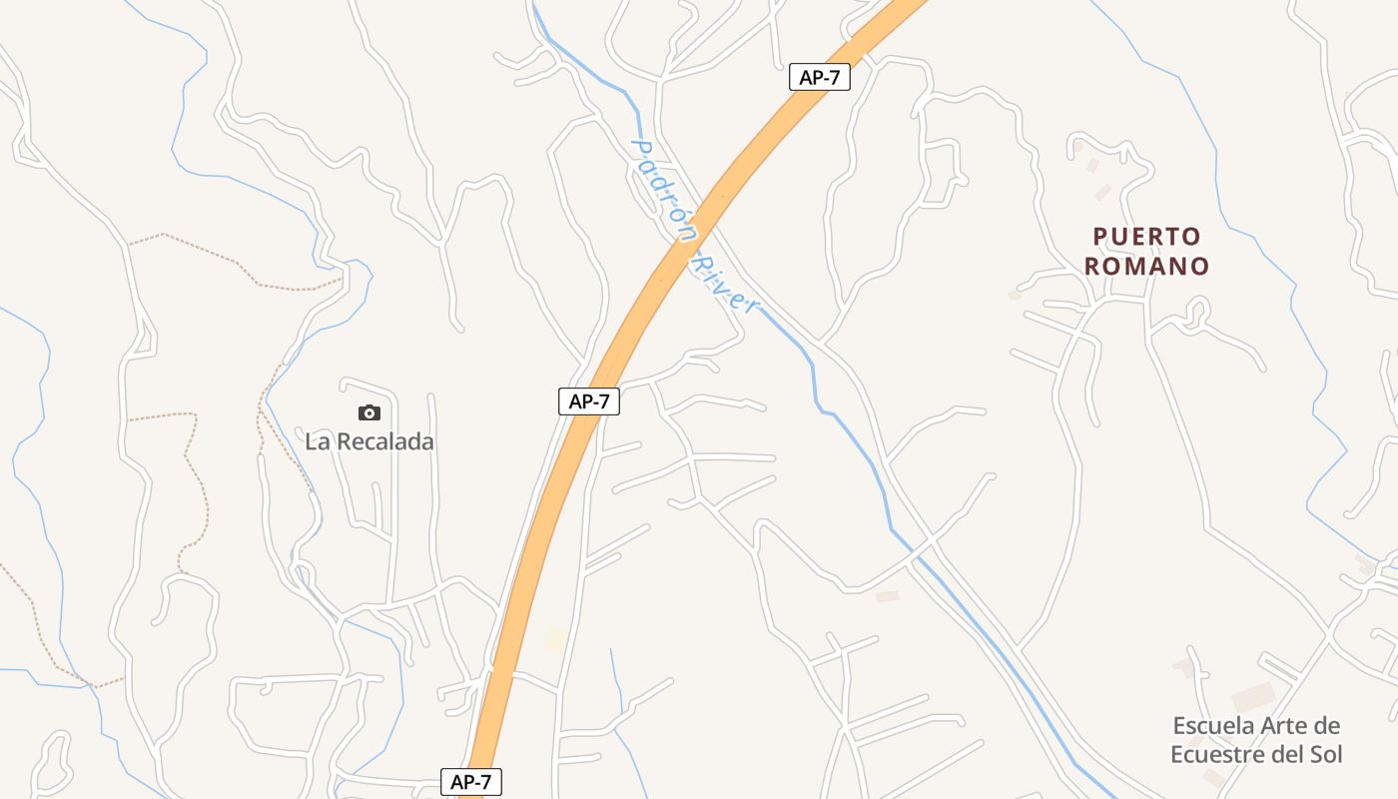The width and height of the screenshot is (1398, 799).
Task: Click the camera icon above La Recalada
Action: pyautogui.click(x=369, y=412)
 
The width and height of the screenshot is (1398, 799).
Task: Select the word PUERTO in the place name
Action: pyautogui.click(x=1146, y=237)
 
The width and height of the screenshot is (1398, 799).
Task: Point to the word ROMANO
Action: pyautogui.click(x=1146, y=267)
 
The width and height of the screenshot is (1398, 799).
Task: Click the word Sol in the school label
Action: pyautogui.click(x=1326, y=754)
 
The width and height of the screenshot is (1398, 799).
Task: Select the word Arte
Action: pyautogui.click(x=1281, y=726)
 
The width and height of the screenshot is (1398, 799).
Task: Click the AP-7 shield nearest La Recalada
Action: pyautogui.click(x=589, y=401)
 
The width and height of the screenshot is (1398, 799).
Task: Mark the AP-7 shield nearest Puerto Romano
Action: pyautogui.click(x=819, y=77)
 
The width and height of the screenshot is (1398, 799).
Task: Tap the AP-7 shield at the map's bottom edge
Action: pyautogui.click(x=471, y=782)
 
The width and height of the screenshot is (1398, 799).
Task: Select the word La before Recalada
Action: pyautogui.click(x=317, y=441)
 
